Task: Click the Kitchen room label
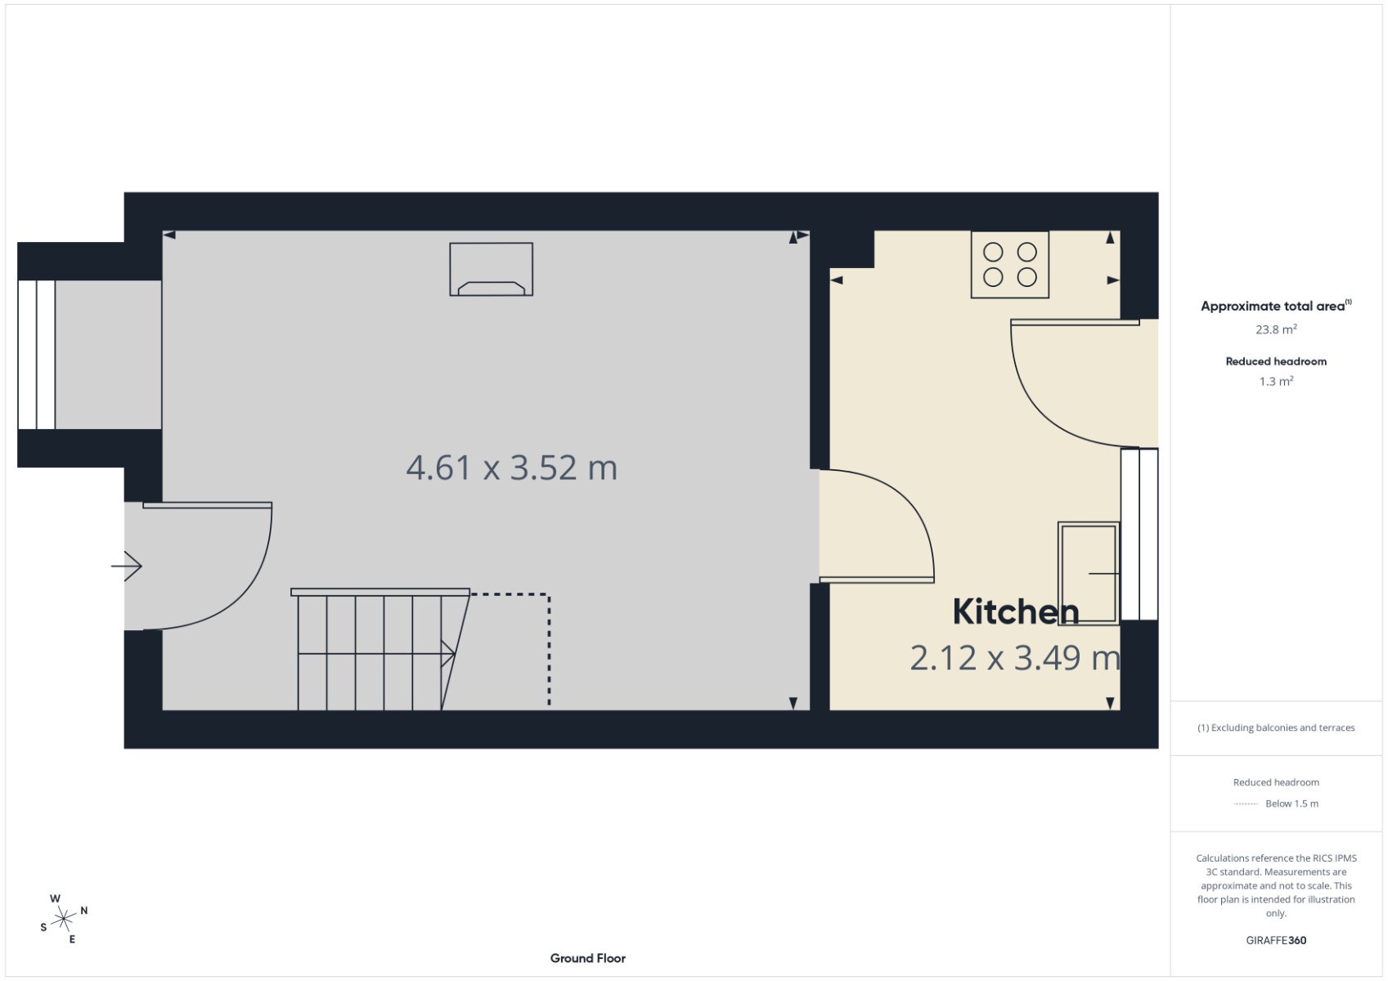1015,611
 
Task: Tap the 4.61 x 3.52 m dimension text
511,468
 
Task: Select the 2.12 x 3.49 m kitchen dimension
1014,658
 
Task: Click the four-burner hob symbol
1009,264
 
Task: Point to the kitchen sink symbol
1088,573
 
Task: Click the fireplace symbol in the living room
491,269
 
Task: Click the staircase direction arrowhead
449,653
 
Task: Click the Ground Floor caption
587,958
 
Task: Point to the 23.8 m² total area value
1275,329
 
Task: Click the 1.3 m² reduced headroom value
1275,382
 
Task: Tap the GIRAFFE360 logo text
1275,940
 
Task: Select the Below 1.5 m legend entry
1291,804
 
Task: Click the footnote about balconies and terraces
1275,728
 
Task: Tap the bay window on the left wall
37,355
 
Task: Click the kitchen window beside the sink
1139,534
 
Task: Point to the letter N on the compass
84,911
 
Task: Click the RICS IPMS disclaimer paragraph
1275,885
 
